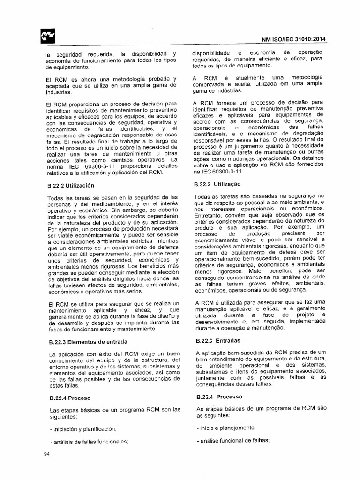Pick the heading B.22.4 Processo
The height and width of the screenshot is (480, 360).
pos(216,397)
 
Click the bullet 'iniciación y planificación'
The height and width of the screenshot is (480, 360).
pos(82,429)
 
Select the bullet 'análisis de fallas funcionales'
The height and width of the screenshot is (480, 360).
pos(88,441)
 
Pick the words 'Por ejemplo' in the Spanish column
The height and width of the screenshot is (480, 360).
pos(63,230)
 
